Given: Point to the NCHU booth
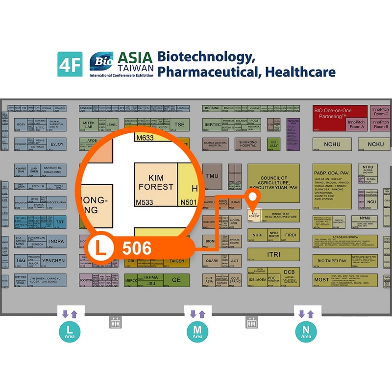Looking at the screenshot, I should [332, 145].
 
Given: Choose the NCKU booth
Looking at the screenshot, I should [375, 145].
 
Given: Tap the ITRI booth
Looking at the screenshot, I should [273, 255].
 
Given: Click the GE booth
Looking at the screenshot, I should [176, 279].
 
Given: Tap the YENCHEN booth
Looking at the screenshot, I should [52, 261].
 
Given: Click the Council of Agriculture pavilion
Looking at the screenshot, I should [273, 183].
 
